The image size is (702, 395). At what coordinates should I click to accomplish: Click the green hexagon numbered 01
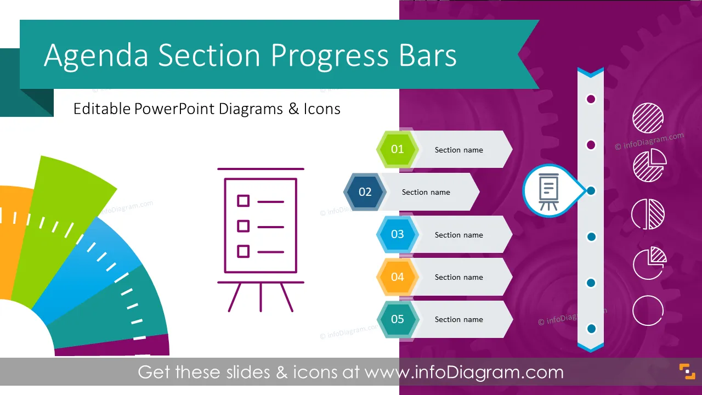(398, 149)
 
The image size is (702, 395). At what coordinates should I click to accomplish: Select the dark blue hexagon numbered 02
(365, 191)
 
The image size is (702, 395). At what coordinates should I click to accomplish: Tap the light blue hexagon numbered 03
(398, 234)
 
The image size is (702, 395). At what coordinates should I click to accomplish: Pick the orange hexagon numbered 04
(398, 277)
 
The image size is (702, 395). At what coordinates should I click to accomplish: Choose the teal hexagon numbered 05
(398, 319)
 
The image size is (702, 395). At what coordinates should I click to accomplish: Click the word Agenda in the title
(96, 56)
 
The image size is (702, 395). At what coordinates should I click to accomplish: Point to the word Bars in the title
(428, 55)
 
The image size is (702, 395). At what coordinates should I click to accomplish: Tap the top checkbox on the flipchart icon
(243, 201)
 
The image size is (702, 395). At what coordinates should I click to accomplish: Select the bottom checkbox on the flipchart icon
(243, 251)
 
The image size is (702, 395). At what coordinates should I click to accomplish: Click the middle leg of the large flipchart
(261, 297)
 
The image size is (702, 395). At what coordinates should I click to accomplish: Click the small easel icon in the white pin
(548, 192)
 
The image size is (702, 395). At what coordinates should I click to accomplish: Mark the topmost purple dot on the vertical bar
(591, 99)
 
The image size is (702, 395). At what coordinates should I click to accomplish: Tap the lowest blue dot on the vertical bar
(591, 329)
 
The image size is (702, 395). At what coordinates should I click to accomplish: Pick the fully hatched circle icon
(648, 118)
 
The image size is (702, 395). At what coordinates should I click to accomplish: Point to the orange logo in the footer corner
(687, 371)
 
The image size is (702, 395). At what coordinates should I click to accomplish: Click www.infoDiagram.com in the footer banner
(464, 373)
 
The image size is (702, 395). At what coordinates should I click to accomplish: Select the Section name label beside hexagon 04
(459, 277)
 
